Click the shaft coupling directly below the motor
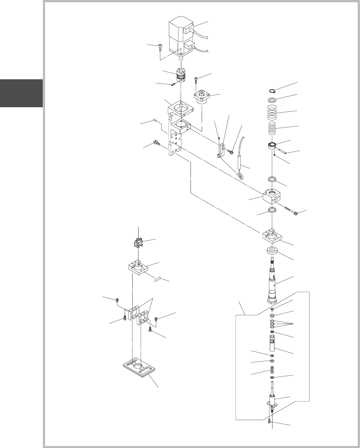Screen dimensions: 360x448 click(180, 76)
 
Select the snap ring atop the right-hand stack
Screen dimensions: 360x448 click(272, 91)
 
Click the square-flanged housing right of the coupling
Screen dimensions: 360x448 click(202, 97)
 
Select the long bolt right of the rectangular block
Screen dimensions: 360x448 click(286, 210)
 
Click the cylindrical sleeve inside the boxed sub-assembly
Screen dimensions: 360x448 click(272, 344)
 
